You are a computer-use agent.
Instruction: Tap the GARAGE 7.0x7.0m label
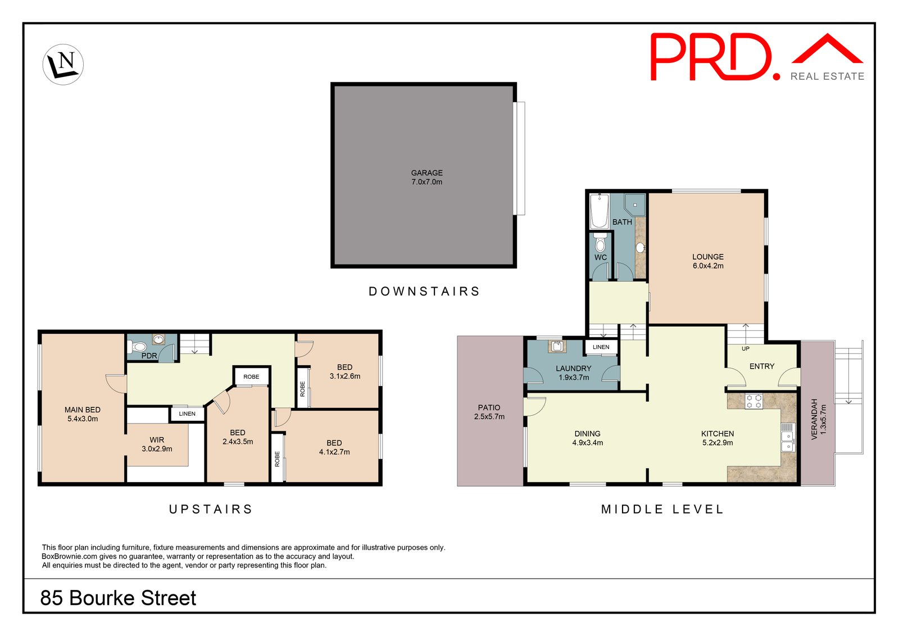point(426,178)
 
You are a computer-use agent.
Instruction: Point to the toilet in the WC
point(600,243)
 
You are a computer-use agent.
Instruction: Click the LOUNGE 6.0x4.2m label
point(707,261)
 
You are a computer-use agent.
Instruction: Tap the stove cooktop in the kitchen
point(753,401)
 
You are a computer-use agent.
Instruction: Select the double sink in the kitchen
point(787,441)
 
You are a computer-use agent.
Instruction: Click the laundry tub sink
point(557,346)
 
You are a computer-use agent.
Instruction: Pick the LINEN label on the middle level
point(601,347)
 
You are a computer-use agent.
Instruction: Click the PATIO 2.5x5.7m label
point(489,412)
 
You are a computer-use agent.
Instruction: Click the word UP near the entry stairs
point(745,348)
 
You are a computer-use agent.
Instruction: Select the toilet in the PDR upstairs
point(139,346)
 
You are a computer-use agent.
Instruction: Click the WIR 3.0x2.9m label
point(157,444)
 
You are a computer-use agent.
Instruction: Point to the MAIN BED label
point(83,414)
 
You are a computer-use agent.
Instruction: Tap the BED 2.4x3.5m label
point(238,437)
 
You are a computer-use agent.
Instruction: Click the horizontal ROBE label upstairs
point(251,376)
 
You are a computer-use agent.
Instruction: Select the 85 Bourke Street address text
point(118,598)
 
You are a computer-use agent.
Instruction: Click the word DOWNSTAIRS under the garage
point(424,291)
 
